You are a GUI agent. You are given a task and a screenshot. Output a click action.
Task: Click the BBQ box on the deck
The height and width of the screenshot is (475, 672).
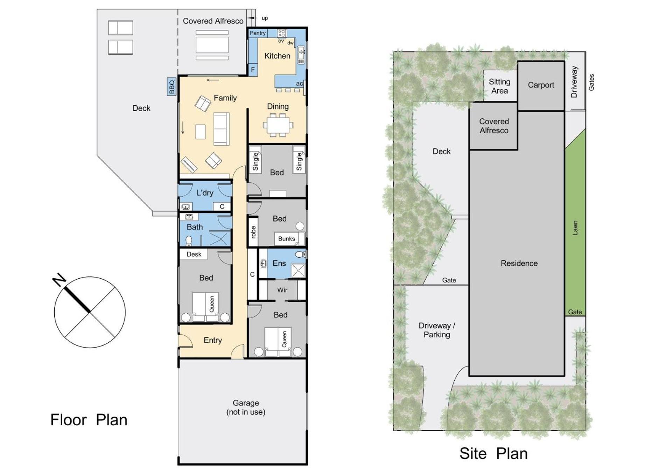[171, 87]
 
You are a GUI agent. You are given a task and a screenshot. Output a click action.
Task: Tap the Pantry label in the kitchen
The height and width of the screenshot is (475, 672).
[258, 33]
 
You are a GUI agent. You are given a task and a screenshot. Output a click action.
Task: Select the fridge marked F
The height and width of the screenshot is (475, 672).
[253, 70]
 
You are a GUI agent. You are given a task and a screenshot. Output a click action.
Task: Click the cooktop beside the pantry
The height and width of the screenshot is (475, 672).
[282, 34]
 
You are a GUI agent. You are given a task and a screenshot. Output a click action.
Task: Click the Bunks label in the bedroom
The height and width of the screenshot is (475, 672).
[287, 239]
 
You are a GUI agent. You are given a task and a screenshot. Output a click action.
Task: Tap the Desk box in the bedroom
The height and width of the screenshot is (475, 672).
[194, 254]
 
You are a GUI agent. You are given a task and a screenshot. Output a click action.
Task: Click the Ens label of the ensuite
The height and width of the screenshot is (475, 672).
[279, 263]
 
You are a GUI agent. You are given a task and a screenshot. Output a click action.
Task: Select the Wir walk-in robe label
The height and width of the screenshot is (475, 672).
[282, 290]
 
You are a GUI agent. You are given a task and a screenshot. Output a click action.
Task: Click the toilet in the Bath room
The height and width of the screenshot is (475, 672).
[189, 241]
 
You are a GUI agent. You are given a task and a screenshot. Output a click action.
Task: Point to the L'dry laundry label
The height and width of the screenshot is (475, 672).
[205, 193]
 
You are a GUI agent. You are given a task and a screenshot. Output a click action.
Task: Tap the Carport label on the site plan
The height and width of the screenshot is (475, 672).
[541, 85]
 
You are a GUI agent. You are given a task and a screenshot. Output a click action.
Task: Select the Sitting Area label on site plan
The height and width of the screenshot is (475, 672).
[499, 86]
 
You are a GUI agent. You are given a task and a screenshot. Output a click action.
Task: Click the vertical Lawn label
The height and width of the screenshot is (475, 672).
[575, 228]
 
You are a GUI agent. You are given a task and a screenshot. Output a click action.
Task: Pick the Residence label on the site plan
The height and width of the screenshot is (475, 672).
[519, 263]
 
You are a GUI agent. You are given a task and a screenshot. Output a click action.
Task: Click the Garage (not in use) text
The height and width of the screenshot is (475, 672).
[246, 407]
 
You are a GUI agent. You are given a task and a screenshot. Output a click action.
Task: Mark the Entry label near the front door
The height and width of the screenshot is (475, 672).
[213, 340]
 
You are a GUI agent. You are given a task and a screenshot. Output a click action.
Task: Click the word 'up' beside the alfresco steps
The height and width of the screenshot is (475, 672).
[265, 18]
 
